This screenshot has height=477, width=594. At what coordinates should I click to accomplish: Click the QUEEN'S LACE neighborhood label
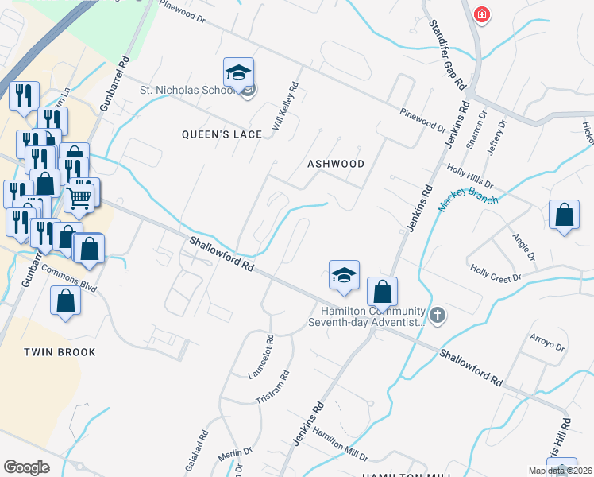222,134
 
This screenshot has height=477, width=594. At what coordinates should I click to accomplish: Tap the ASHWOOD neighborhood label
336,164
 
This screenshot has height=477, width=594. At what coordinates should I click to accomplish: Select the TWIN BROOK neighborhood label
60,352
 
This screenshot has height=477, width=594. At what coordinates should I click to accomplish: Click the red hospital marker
481,14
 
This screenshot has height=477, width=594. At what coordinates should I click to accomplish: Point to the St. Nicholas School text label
187,89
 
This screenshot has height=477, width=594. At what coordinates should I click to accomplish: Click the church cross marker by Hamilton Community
438,316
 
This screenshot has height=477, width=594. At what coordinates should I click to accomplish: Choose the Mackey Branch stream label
468,201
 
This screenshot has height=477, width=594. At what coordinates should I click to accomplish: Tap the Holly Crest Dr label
495,272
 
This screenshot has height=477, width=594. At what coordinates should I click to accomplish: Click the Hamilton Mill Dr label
339,444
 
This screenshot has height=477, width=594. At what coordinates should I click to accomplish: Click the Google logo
27,467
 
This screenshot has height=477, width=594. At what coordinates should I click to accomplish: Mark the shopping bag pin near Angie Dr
563,215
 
